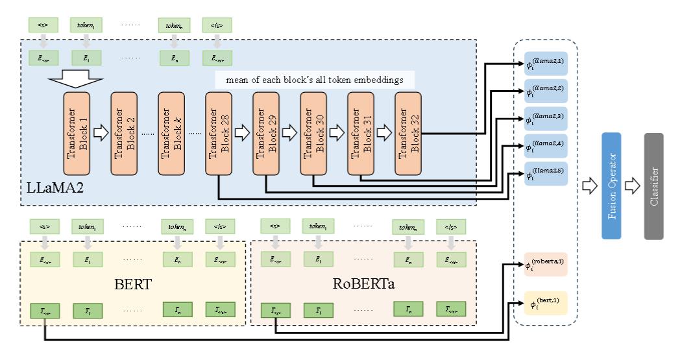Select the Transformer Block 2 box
tap(125, 132)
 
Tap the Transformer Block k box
tap(172, 132)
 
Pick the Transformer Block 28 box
tap(219, 132)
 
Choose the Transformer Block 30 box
tap(313, 132)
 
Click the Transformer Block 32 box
tap(408, 132)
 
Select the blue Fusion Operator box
tap(611, 186)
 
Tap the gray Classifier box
tap(654, 186)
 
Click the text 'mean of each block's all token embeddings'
tap(315, 80)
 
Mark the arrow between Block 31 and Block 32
tap(385, 132)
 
